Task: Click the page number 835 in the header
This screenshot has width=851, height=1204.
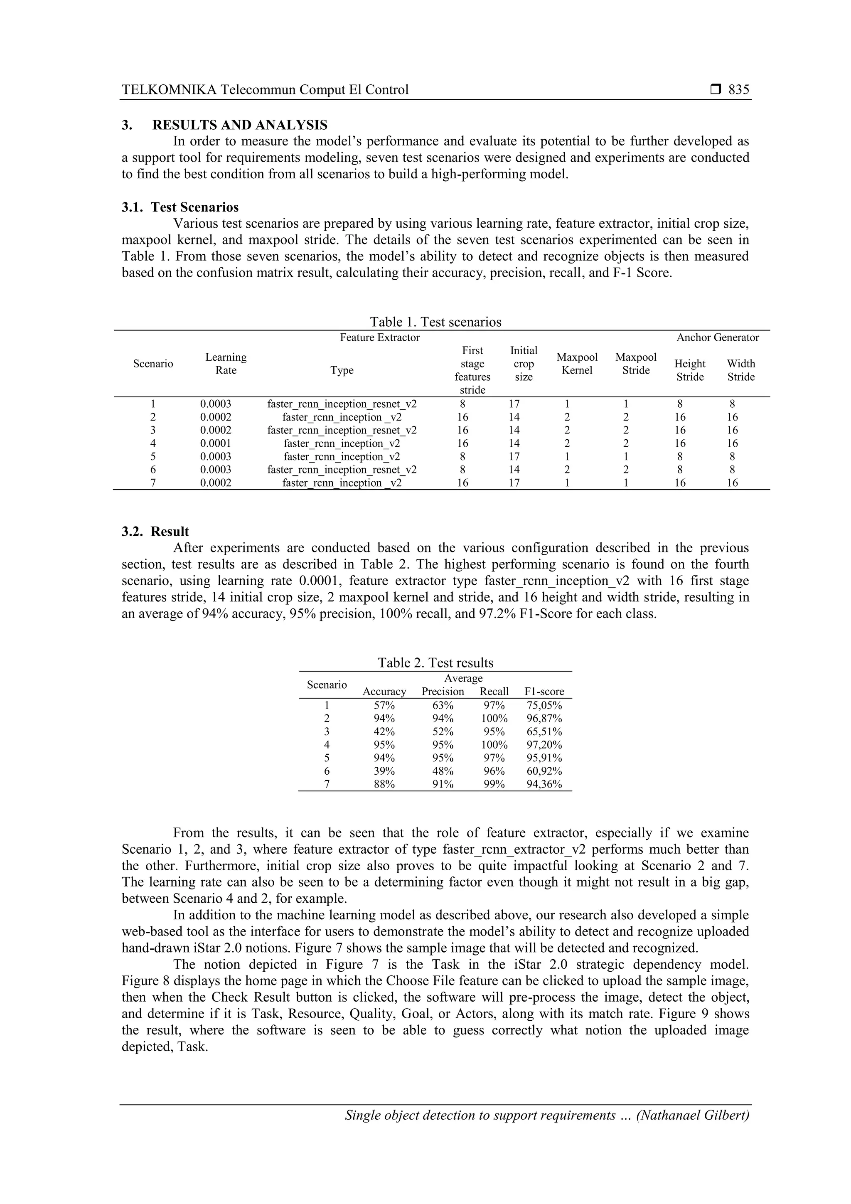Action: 738,90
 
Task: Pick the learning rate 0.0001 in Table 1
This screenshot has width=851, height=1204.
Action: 216,443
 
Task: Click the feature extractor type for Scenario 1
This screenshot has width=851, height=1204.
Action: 342,404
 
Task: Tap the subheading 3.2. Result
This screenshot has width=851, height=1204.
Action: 155,531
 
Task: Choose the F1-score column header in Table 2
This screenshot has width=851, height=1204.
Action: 544,691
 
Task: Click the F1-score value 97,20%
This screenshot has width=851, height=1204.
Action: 544,745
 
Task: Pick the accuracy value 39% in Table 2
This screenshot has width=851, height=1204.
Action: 384,771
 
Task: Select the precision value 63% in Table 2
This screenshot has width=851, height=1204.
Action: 443,705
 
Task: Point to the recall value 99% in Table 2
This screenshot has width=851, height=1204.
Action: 494,784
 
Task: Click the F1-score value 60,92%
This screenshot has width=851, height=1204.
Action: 544,771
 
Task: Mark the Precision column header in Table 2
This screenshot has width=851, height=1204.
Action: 443,691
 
